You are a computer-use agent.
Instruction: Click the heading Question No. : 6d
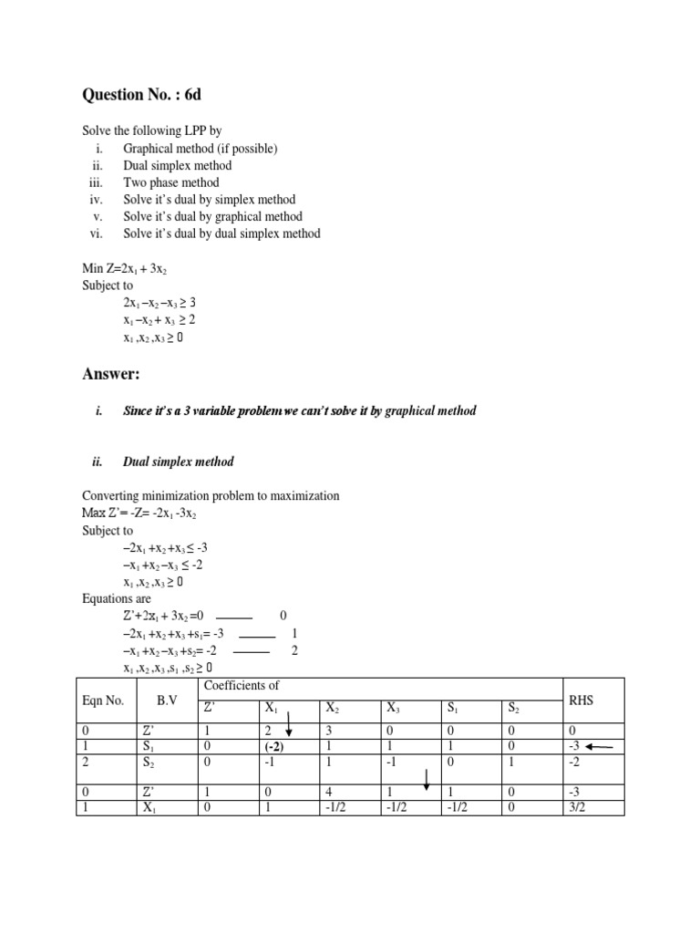141,94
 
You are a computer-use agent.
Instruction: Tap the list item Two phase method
171,182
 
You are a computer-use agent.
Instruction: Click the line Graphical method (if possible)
201,148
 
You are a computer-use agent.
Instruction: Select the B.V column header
167,700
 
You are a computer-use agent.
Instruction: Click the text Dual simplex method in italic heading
178,462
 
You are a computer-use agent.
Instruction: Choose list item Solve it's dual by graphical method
212,217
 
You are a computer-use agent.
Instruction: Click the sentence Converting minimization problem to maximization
211,495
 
